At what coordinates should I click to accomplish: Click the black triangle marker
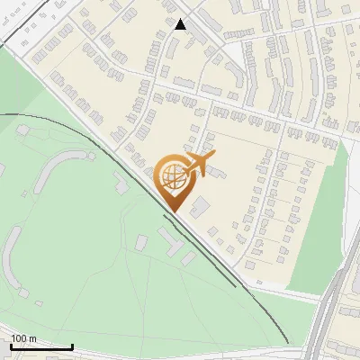[180, 24]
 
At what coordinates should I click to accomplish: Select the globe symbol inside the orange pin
[171, 175]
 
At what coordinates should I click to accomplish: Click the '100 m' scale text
[23, 338]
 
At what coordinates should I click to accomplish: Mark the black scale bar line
[41, 346]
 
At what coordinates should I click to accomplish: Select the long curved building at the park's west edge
[12, 253]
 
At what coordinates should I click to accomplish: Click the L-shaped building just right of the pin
[199, 206]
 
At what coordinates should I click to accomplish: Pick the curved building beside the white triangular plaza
[236, 76]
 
